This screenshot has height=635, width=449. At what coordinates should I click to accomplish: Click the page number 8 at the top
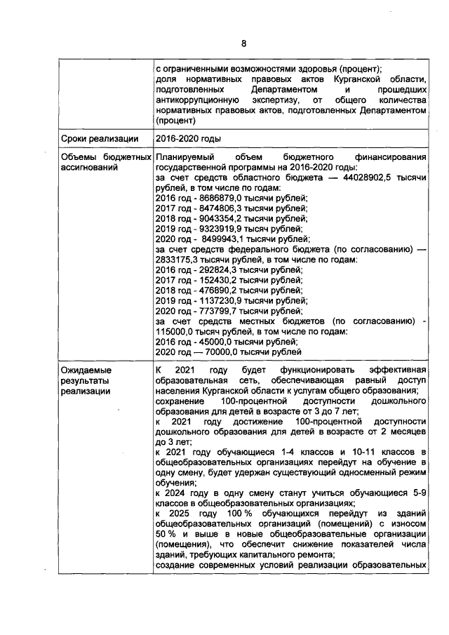point(244,44)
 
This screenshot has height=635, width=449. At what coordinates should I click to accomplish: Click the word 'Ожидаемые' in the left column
point(86,370)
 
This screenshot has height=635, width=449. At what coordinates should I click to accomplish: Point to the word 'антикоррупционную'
point(197,100)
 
